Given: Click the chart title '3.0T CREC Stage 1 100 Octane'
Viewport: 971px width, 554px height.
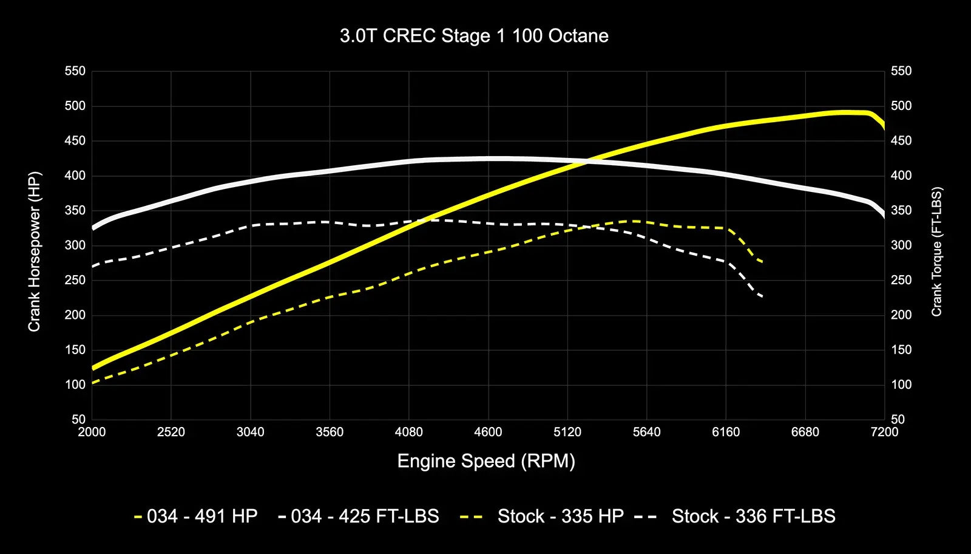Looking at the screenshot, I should (474, 36).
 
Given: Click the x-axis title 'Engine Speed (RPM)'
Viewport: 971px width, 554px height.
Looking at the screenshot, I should (486, 461).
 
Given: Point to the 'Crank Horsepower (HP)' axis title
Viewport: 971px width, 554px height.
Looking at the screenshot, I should (34, 251).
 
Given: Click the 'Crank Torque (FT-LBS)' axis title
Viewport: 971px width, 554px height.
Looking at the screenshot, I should (936, 251).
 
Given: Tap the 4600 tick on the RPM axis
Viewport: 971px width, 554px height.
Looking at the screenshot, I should (488, 432).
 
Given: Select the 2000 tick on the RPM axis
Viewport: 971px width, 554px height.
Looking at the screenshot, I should (92, 432).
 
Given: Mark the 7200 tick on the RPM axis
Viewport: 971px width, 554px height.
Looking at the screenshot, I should (884, 432).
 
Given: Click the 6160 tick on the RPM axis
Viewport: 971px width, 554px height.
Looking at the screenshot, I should (726, 432).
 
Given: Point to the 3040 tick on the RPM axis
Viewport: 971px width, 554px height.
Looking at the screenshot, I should (250, 432).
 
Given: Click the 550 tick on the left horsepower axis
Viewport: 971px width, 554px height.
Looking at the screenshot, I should (75, 71).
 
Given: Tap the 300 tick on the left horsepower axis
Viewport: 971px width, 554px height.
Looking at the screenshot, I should (75, 245).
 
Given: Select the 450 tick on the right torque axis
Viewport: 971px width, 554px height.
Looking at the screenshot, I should (901, 141).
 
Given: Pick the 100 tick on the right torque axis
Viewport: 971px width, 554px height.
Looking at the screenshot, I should (901, 385).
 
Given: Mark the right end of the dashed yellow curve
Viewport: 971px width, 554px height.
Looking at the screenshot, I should (762, 262).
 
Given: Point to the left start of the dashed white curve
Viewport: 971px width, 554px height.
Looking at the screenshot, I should (92, 266).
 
